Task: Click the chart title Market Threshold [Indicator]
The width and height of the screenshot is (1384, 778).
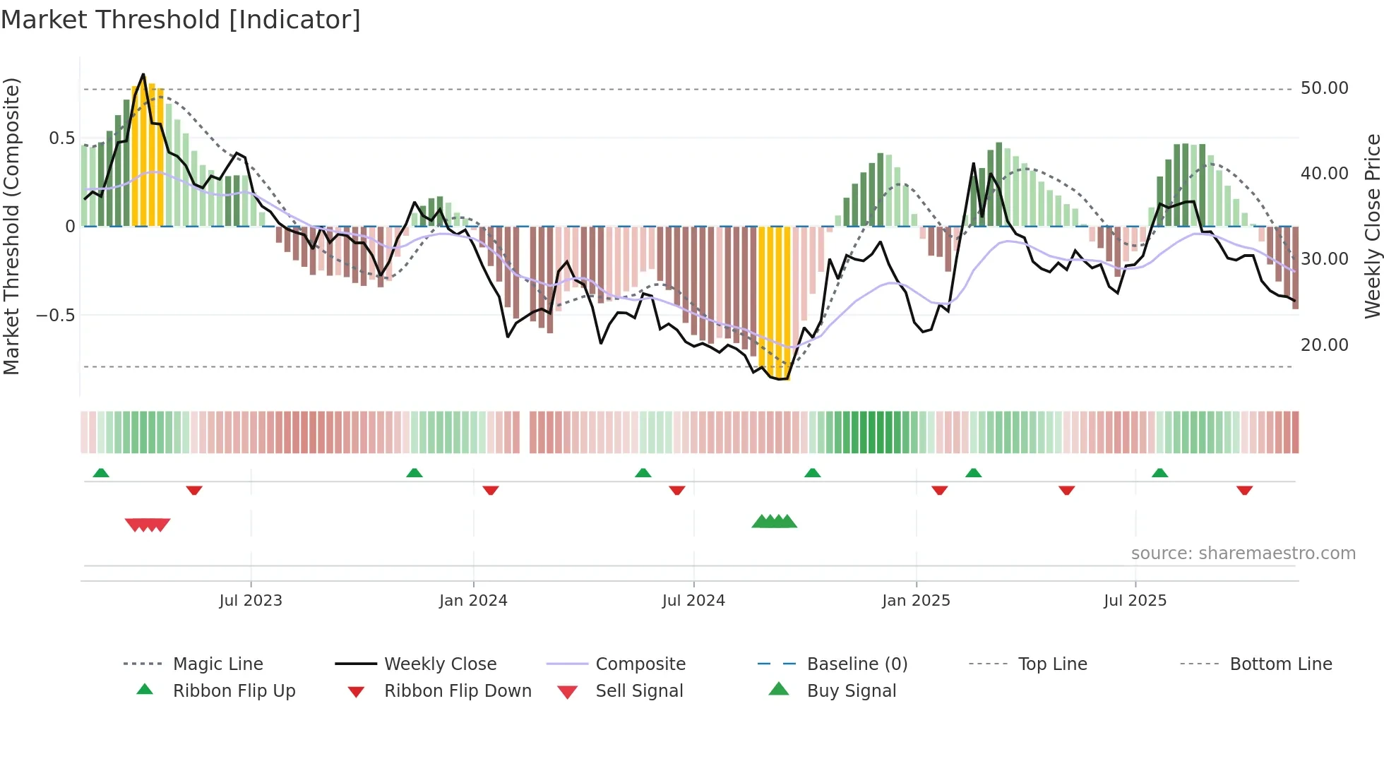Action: tap(181, 20)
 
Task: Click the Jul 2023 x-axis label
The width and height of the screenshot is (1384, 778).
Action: tap(251, 601)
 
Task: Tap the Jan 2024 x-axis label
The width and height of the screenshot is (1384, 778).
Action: tap(473, 601)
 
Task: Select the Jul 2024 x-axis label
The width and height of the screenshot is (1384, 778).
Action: tap(693, 601)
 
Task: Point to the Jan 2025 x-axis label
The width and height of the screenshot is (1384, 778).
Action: tap(916, 601)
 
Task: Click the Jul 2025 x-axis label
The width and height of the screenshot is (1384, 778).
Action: tap(1135, 601)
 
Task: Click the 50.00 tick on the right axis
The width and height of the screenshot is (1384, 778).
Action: tap(1324, 88)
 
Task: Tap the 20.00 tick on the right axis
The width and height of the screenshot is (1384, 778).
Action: tap(1324, 345)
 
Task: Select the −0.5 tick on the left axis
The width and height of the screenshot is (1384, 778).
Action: tap(56, 315)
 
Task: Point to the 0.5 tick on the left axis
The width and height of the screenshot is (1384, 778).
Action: tap(61, 138)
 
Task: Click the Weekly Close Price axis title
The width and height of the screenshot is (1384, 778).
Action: tap(1372, 226)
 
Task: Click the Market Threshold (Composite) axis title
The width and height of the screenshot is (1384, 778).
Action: tap(11, 226)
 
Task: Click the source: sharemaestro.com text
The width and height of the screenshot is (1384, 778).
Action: tap(1243, 553)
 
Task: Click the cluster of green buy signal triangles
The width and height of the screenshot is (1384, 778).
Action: tap(774, 522)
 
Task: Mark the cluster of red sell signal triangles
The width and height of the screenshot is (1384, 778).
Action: tap(148, 525)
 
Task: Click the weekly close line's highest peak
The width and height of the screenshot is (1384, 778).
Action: tap(143, 74)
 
